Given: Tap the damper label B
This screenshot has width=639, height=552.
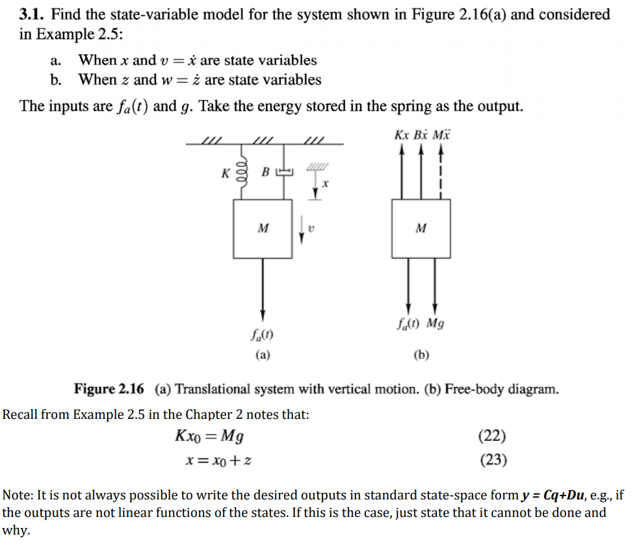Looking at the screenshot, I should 265,173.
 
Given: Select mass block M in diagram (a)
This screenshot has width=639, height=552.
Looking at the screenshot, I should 263,228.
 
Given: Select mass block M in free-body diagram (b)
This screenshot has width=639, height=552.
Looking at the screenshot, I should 421,228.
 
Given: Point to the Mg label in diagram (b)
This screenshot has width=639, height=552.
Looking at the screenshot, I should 435,323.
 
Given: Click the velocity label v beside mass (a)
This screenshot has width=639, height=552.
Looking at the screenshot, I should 311,227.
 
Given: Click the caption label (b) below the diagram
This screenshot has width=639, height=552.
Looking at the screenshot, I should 421,355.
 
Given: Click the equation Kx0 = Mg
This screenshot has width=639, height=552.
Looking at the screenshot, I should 210,436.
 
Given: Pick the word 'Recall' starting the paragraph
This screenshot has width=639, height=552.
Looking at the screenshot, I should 20,414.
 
